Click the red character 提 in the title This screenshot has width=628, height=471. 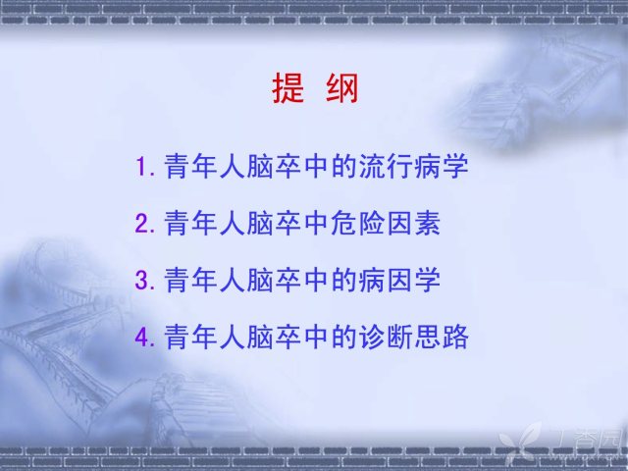point(288,88)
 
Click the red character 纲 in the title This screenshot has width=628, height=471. point(342,88)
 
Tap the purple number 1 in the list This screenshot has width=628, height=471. point(141,166)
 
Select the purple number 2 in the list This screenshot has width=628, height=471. point(142,224)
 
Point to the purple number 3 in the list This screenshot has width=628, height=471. point(142,280)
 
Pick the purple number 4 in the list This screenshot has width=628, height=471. point(142,337)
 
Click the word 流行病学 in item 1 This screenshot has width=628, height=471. point(414,166)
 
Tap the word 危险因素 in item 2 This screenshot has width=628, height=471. point(386,223)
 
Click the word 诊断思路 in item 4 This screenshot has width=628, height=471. point(414,337)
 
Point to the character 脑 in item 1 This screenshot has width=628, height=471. point(260,166)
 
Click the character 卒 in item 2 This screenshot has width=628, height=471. point(288,223)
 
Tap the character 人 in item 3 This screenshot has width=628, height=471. point(233,280)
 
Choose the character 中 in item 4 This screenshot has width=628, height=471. point(316,337)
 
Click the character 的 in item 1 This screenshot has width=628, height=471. point(344,166)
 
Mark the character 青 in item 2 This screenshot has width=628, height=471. point(177,223)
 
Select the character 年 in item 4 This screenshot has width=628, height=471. point(204,337)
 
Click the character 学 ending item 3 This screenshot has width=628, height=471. point(428,280)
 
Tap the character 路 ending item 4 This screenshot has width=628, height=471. point(455,337)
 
